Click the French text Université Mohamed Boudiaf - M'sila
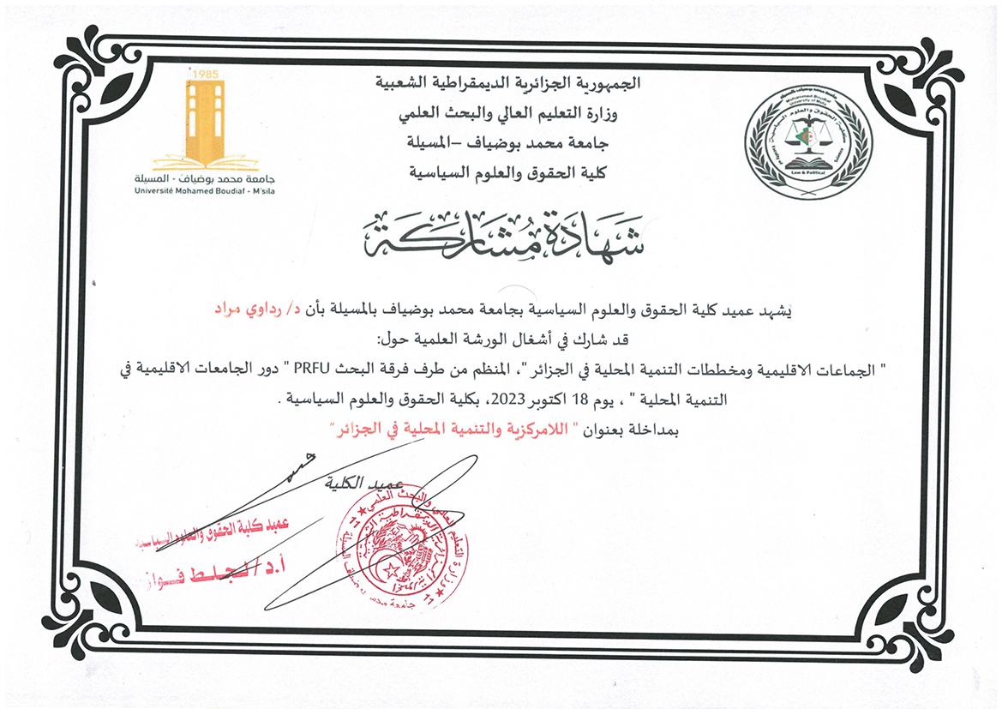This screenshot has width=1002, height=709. pos(206,189)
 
